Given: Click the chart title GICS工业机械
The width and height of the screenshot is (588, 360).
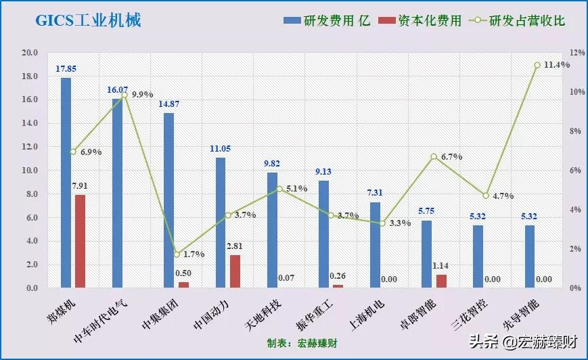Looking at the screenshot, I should [x=89, y=20].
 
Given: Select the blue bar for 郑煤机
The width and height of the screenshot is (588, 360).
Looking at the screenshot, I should [x=66, y=183].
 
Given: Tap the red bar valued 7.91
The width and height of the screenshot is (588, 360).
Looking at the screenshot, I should [x=80, y=241].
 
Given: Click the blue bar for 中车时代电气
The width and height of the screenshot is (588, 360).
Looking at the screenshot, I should [x=118, y=194].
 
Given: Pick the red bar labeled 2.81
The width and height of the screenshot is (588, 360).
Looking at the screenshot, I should [x=235, y=271].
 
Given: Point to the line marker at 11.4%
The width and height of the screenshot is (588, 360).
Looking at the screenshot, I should [x=537, y=65].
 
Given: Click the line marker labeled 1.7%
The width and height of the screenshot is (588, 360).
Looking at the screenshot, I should [x=177, y=254].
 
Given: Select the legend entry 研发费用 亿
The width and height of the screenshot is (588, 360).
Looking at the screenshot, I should [x=327, y=20].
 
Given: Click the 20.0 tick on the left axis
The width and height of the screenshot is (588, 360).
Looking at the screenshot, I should [x=29, y=53].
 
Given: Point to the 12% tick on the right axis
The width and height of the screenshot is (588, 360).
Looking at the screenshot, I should [x=558, y=53].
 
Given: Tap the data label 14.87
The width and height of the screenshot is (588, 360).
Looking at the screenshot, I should [x=169, y=104].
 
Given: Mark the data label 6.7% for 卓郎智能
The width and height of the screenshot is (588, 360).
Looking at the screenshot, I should [x=451, y=156].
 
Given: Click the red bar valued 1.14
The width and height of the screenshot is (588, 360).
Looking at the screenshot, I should [x=441, y=281].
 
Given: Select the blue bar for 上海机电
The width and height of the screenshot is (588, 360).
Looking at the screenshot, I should [x=375, y=245].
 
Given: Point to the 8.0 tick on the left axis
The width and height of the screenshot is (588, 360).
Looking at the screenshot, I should [x=29, y=194].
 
